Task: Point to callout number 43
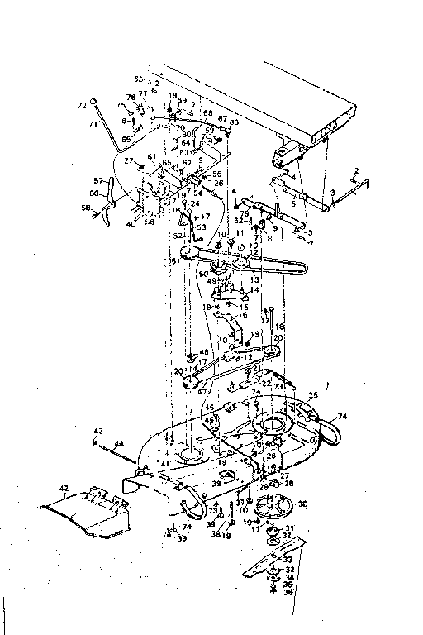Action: [97, 431]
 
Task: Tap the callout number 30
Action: [302, 504]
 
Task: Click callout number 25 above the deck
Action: [313, 396]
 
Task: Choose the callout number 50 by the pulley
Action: [203, 272]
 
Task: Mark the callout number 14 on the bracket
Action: [254, 291]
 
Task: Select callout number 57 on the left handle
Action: [98, 180]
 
